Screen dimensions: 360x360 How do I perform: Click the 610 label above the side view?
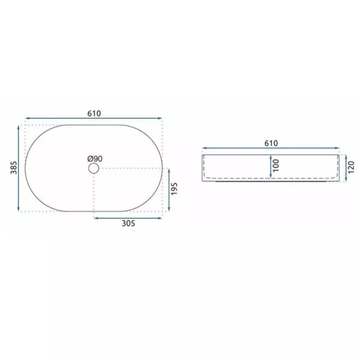[270, 143]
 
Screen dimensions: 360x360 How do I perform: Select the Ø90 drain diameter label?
[95, 158]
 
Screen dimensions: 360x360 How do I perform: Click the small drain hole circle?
[94, 169]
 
